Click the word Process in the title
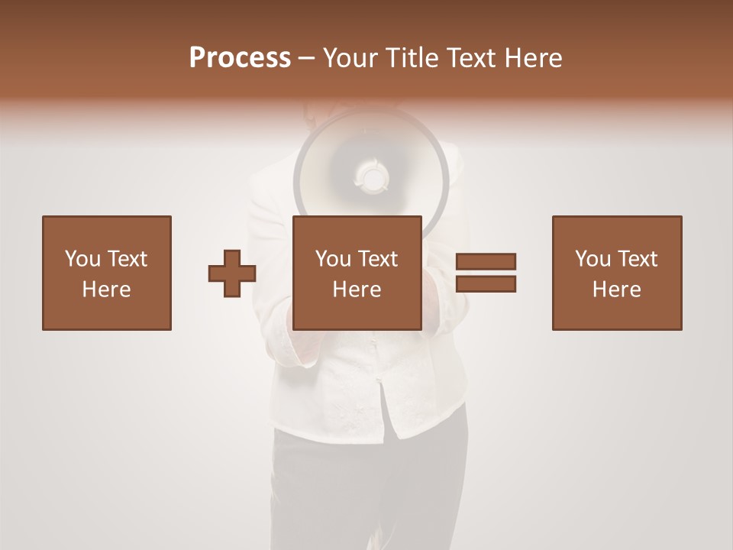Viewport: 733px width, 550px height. (240, 58)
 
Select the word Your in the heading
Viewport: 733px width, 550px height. (348, 58)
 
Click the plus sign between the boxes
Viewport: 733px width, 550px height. (232, 273)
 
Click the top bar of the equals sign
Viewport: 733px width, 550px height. (486, 261)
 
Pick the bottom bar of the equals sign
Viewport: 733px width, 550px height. (486, 283)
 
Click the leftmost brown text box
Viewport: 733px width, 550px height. (106, 273)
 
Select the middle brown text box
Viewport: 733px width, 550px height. (357, 273)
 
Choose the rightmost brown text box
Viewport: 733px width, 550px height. (616, 273)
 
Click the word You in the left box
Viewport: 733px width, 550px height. (82, 259)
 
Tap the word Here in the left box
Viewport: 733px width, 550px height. (106, 290)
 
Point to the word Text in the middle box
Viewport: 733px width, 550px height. (378, 259)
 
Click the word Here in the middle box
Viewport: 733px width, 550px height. (357, 290)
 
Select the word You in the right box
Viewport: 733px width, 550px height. (593, 259)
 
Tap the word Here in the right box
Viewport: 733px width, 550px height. (616, 290)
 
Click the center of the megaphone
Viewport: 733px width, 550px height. (372, 177)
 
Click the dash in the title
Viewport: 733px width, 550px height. (307, 58)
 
